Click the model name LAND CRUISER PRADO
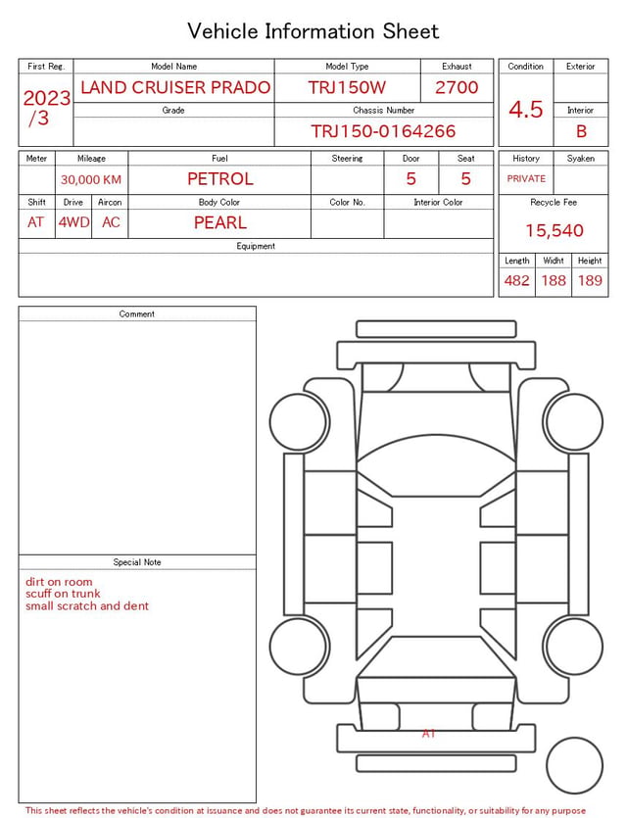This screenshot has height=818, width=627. [175, 87]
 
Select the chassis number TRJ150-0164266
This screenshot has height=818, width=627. [383, 131]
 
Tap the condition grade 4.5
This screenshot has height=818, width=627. [526, 110]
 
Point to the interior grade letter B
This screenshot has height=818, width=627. [581, 131]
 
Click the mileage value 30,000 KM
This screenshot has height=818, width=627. [91, 179]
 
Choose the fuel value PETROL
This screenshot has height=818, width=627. [220, 179]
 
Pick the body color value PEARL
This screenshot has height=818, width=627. [220, 222]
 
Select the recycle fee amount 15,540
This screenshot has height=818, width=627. [554, 230]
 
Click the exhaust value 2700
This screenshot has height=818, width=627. [457, 87]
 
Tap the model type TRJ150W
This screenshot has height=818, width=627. [347, 87]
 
